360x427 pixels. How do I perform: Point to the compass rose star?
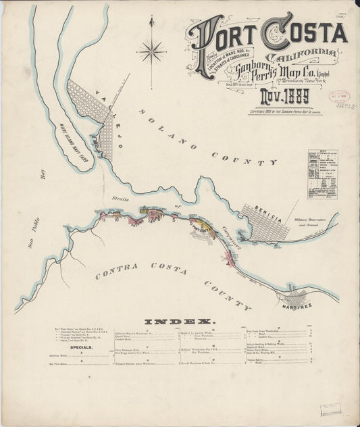(152, 50)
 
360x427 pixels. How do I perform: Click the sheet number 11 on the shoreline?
(103, 218)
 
